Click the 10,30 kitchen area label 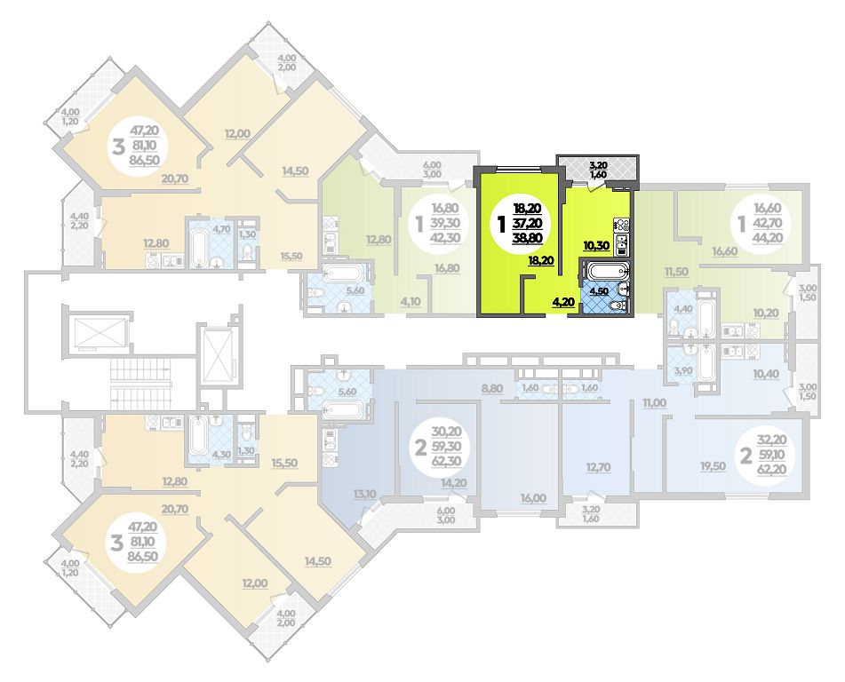point(596,246)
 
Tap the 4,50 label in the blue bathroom point(600,291)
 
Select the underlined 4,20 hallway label point(562,302)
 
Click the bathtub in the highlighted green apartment point(607,269)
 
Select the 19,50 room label point(713,466)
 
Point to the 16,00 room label point(532,498)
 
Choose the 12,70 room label point(598,467)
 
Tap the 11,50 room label point(676,272)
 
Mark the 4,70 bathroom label point(221,228)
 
